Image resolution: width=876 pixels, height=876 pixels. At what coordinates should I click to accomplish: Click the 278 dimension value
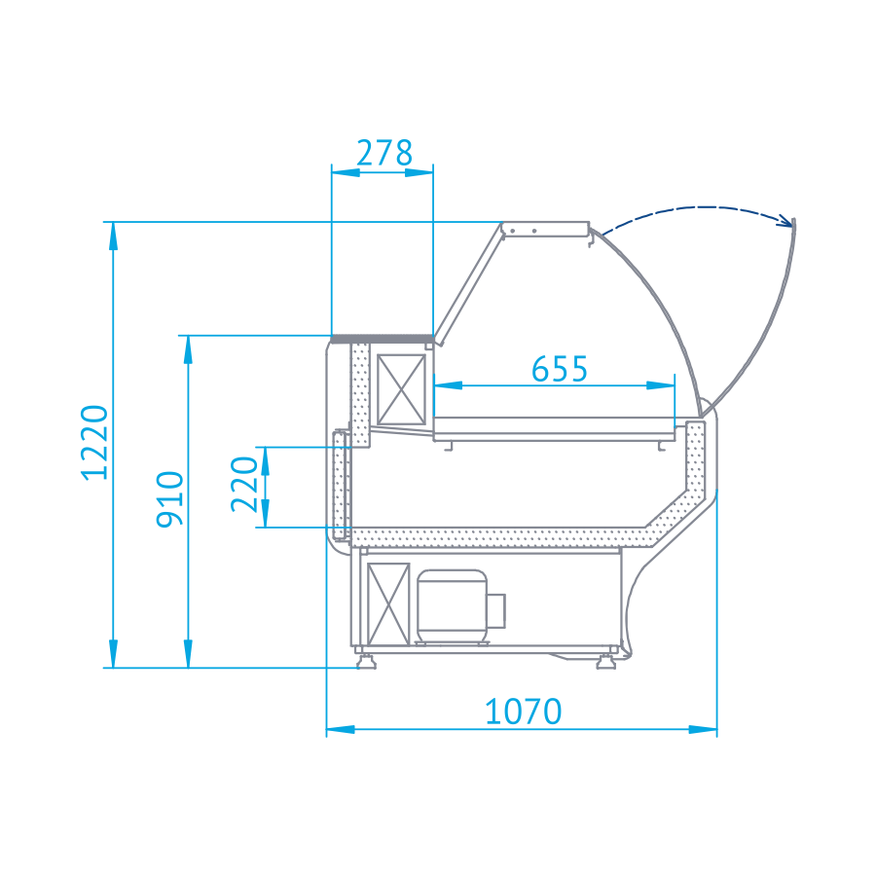point(383,154)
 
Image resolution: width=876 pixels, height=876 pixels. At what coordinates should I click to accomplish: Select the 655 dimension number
point(560,369)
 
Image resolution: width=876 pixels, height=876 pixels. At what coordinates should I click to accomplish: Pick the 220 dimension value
point(244,485)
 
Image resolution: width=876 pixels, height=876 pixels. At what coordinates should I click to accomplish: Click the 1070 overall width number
point(524,712)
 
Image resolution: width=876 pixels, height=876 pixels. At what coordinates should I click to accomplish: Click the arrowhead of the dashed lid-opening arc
point(785,220)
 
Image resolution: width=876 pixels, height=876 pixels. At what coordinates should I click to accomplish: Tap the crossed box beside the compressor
point(386,604)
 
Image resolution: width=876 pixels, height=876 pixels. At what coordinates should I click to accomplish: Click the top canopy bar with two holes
point(546,229)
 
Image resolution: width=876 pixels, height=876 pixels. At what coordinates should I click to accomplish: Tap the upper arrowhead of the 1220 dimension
point(114,232)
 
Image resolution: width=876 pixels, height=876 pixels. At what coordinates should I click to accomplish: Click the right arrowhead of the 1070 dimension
point(708,728)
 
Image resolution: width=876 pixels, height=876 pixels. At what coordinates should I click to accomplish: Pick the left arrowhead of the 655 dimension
point(444,385)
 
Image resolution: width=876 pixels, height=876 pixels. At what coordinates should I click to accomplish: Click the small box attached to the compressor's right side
point(496,610)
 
